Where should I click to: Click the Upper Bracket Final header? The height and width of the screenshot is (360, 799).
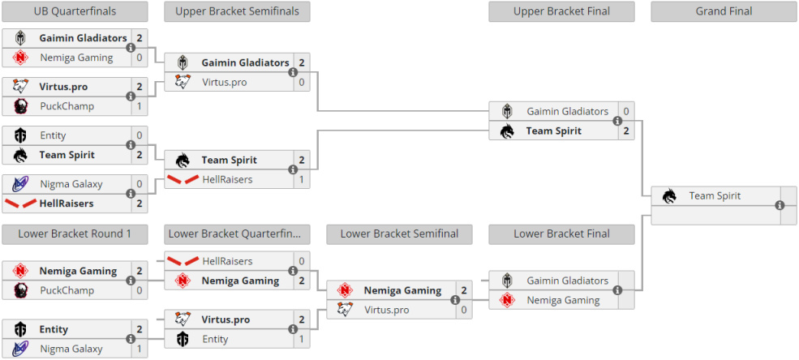tap(561, 11)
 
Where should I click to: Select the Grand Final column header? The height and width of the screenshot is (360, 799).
tap(724, 11)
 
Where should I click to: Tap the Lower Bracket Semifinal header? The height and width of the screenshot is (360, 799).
tap(399, 234)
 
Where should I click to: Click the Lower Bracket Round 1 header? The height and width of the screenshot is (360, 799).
tap(75, 234)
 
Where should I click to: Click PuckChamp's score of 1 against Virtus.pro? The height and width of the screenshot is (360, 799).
tap(139, 106)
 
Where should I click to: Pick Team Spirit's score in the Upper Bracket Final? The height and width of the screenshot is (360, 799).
tap(626, 131)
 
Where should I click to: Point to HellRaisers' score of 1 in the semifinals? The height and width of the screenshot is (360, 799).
tap(302, 179)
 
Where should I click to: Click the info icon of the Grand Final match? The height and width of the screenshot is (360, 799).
tap(780, 205)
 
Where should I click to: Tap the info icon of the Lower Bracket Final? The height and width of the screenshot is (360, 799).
tap(617, 290)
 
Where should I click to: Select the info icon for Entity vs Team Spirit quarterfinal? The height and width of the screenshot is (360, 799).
tap(131, 145)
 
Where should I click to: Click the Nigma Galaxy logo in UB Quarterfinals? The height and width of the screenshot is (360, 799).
tap(19, 184)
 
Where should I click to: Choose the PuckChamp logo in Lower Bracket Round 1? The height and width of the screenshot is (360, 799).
tap(20, 290)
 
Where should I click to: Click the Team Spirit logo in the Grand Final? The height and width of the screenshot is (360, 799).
tap(669, 195)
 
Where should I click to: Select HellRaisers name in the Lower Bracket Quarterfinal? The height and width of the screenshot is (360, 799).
tap(227, 261)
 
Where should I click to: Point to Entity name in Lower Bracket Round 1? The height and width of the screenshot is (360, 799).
tap(54, 329)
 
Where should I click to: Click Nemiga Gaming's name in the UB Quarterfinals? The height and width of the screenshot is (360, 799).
tap(76, 58)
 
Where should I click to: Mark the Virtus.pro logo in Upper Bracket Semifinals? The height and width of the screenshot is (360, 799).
tap(183, 81)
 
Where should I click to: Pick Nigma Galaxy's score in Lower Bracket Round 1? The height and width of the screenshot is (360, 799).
tap(139, 349)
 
